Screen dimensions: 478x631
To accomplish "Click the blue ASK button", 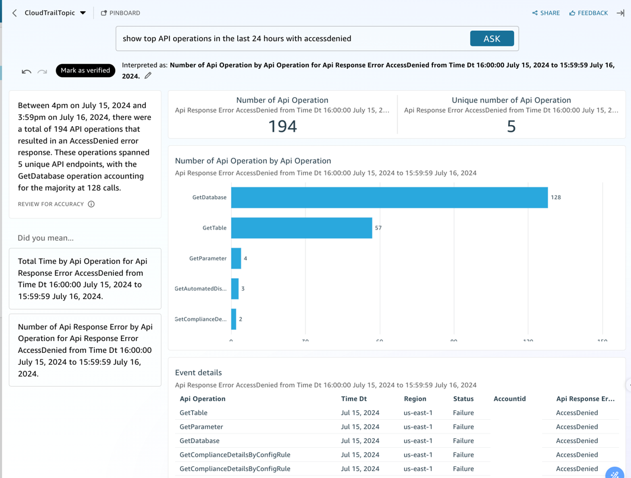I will pyautogui.click(x=492, y=39).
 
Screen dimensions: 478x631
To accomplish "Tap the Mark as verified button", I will pyautogui.click(x=85, y=71).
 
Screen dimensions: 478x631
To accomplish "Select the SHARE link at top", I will pyautogui.click(x=546, y=13).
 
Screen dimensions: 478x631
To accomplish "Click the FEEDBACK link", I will pyautogui.click(x=588, y=13).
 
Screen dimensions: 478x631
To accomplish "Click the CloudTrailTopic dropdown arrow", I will pyautogui.click(x=83, y=13).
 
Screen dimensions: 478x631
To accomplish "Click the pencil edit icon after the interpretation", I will pyautogui.click(x=148, y=76).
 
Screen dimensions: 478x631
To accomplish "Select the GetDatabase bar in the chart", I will pyautogui.click(x=389, y=197).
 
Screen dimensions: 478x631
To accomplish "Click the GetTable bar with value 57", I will pyautogui.click(x=301, y=228).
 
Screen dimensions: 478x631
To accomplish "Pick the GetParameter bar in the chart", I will pyautogui.click(x=236, y=259).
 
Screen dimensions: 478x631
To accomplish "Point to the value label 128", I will pyautogui.click(x=556, y=197).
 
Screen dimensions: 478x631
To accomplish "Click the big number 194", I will pyautogui.click(x=282, y=126).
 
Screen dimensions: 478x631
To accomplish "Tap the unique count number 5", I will pyautogui.click(x=511, y=126).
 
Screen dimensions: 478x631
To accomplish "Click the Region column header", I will pyautogui.click(x=415, y=399).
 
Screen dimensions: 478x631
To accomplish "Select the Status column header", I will pyautogui.click(x=463, y=399).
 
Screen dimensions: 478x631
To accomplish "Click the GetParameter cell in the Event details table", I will pyautogui.click(x=201, y=427).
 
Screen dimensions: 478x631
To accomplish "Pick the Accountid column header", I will pyautogui.click(x=509, y=399).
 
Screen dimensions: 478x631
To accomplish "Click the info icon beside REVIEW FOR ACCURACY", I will pyautogui.click(x=91, y=204).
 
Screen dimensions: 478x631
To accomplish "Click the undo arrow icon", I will pyautogui.click(x=27, y=72).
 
